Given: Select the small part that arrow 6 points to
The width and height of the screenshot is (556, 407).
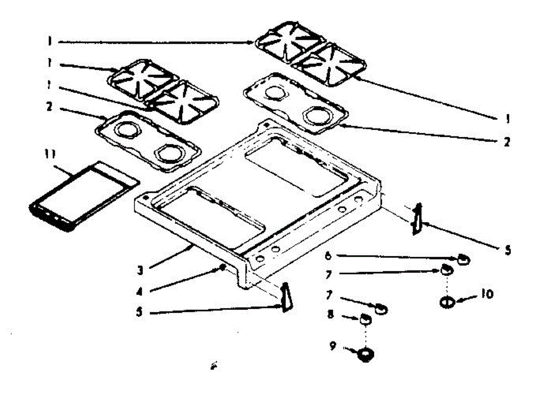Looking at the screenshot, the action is [x=463, y=259].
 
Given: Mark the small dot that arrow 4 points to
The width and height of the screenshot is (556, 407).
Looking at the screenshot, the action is [x=224, y=267].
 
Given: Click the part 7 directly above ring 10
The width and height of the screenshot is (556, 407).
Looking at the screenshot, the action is [x=446, y=269].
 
